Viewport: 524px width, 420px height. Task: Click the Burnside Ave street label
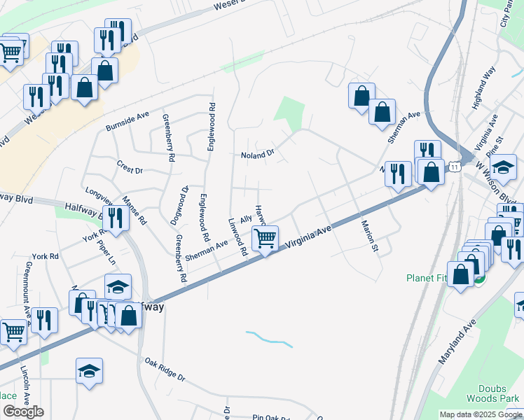(127, 121)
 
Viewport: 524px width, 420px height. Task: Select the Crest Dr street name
(130, 169)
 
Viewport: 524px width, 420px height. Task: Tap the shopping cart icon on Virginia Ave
(265, 238)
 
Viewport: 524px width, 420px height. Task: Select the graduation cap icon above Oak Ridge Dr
(90, 371)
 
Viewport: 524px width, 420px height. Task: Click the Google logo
(23, 412)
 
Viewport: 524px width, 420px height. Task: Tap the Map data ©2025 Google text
(481, 414)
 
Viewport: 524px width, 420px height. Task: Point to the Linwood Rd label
(238, 236)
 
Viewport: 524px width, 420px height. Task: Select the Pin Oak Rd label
(272, 418)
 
